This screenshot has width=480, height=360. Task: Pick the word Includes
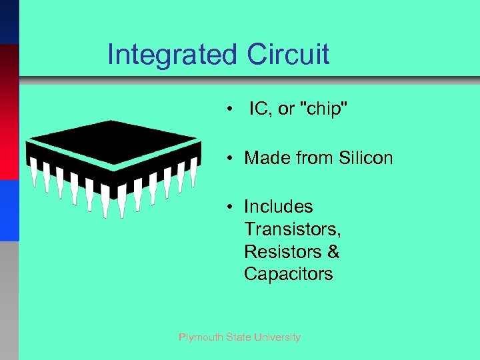click(x=278, y=207)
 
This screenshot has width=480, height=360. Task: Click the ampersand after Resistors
click(x=334, y=252)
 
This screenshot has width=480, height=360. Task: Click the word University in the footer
click(x=277, y=337)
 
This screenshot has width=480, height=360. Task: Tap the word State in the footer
click(x=238, y=337)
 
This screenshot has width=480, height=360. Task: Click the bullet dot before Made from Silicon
click(x=229, y=159)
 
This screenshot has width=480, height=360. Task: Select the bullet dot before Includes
click(x=229, y=207)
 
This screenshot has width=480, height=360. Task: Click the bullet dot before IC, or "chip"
click(x=229, y=110)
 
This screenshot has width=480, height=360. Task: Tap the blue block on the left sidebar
click(x=9, y=210)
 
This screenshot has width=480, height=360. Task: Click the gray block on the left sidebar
click(x=9, y=300)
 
